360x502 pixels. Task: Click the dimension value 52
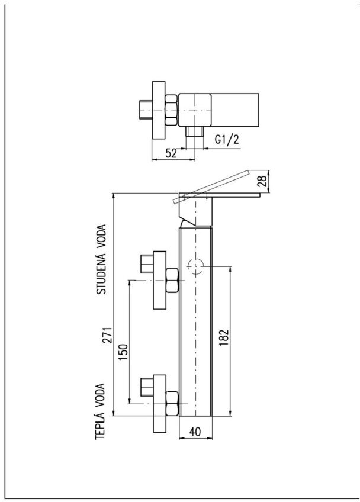(x=171, y=153)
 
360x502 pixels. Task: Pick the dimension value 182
(x=224, y=337)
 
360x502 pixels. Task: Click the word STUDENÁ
(x=101, y=273)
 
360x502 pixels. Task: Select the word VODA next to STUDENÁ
(x=101, y=236)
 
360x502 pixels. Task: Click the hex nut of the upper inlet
(x=172, y=281)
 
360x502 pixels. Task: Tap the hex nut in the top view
(x=171, y=110)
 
